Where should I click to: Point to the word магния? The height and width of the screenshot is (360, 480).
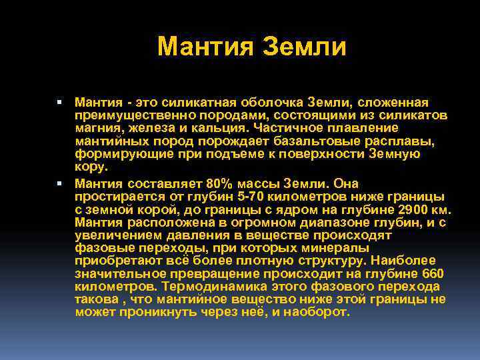95,127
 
